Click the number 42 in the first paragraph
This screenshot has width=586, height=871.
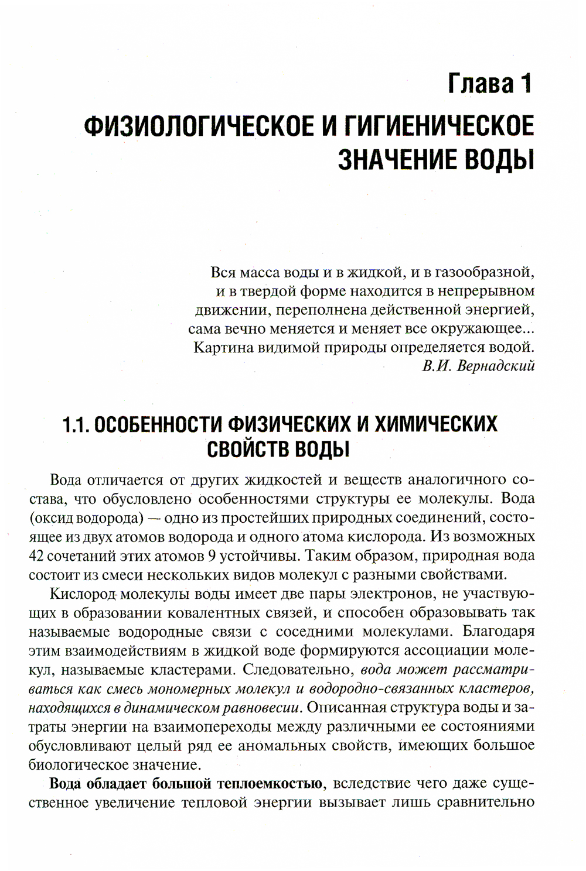pyautogui.click(x=36, y=555)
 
